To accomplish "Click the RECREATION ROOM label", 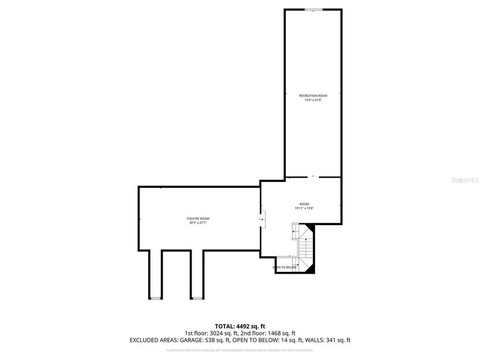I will (313, 95).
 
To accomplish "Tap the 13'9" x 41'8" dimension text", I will (313, 100).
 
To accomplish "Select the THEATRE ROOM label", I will (197, 218).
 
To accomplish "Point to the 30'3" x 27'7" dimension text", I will (197, 223).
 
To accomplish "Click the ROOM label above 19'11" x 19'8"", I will (304, 204).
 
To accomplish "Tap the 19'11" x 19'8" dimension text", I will (304, 208).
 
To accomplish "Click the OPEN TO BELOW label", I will (284, 267).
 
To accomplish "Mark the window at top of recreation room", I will (313, 9).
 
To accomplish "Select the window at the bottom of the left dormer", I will (156, 298).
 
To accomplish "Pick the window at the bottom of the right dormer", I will (197, 298).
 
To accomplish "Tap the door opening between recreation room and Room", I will (313, 177).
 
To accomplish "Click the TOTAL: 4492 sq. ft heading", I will (240, 325).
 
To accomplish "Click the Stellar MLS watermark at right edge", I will (465, 179).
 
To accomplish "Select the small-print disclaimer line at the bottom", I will (240, 350).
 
